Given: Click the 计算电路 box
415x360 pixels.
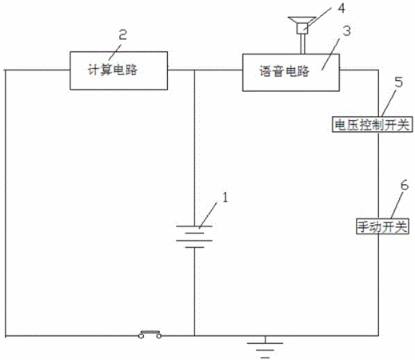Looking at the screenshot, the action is (x=118, y=70).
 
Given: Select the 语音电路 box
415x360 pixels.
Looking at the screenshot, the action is (x=291, y=73).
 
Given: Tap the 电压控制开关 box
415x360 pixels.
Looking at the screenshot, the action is (x=372, y=124).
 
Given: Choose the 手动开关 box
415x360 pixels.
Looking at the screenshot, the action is (x=382, y=226).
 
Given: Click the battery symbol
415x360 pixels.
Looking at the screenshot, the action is (x=194, y=237).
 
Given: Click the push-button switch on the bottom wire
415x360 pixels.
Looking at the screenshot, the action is (x=150, y=334).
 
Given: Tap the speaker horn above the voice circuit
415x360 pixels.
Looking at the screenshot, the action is (x=302, y=25).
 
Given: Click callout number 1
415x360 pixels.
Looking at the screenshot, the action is (x=225, y=198).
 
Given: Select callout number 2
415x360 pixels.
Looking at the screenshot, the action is (x=122, y=34).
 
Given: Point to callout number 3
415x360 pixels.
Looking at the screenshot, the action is (x=346, y=31).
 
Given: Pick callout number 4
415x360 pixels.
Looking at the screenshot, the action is (x=341, y=8).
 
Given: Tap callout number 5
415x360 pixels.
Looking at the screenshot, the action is (x=399, y=82).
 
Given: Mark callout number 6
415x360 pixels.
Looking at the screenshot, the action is (x=405, y=185).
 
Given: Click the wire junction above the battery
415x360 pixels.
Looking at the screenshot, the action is (x=194, y=70).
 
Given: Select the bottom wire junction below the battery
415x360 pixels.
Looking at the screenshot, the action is (x=194, y=336).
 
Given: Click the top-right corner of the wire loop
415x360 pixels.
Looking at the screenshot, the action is (x=378, y=70).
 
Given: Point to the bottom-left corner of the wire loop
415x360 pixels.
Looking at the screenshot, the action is (x=6, y=336).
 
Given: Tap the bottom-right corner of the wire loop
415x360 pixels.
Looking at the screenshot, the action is (x=378, y=335).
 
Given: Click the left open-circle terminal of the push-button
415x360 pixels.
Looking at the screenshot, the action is (x=141, y=336).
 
